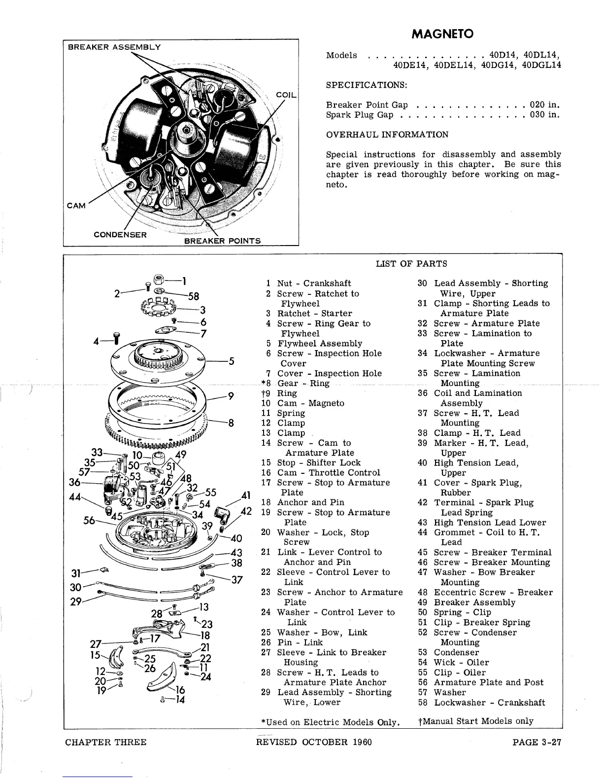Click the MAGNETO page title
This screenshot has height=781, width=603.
point(442,34)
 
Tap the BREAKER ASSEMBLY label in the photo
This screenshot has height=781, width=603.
point(114,47)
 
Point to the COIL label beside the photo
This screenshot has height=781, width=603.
point(286,94)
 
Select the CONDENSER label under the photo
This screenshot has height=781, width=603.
point(120,234)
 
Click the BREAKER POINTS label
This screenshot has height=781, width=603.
point(222,241)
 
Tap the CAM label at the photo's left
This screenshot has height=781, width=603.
point(76,205)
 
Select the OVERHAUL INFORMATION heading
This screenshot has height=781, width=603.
point(387,135)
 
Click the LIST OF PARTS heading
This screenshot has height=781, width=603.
point(411,264)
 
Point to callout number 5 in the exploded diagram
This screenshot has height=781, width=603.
point(231,361)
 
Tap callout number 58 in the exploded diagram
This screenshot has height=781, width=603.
point(194,296)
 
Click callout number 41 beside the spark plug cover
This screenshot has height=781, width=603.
point(246,495)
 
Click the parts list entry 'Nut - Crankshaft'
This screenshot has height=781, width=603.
point(314,284)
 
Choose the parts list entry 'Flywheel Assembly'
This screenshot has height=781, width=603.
point(320,343)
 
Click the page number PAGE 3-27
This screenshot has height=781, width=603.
point(536,742)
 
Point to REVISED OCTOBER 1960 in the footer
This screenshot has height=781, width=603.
point(314,742)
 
